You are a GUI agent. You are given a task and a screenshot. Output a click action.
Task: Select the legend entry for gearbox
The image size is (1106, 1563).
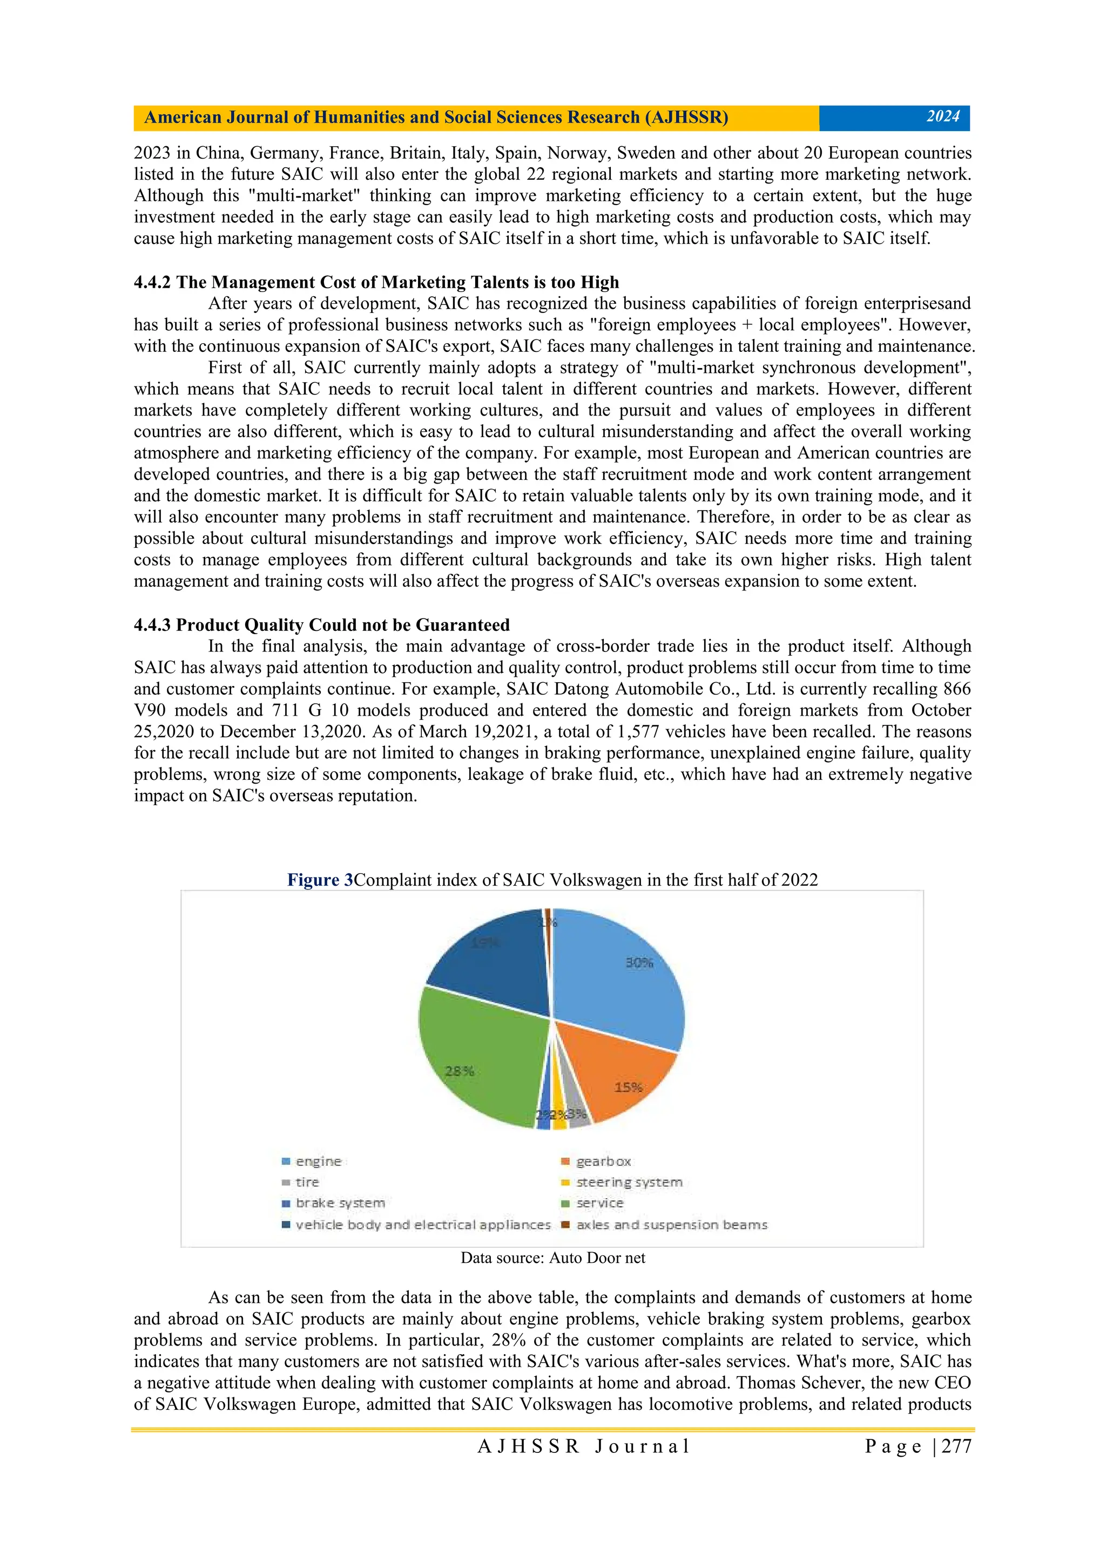[603, 1161]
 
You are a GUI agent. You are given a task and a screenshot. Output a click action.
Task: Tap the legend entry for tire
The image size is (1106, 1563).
[306, 1183]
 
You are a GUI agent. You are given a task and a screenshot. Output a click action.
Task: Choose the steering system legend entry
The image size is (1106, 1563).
[628, 1183]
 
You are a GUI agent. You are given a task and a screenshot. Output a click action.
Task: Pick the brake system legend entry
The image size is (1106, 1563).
[339, 1204]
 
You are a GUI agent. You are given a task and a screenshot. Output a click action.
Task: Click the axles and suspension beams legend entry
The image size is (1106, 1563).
[671, 1225]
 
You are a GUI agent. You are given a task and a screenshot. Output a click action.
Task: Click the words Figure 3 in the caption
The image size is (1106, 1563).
[320, 880]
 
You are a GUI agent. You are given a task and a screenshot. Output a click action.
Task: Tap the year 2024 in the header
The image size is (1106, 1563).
[942, 117]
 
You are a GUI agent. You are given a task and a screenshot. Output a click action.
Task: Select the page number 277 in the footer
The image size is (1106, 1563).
[956, 1446]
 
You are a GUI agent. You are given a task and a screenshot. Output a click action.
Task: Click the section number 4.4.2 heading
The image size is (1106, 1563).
[154, 282]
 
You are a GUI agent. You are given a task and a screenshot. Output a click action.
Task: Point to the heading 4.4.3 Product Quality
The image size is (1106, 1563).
[321, 625]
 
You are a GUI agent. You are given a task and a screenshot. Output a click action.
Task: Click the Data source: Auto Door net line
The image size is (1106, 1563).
[552, 1258]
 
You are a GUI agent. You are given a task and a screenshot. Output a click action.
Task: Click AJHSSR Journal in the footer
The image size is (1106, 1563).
[584, 1446]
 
